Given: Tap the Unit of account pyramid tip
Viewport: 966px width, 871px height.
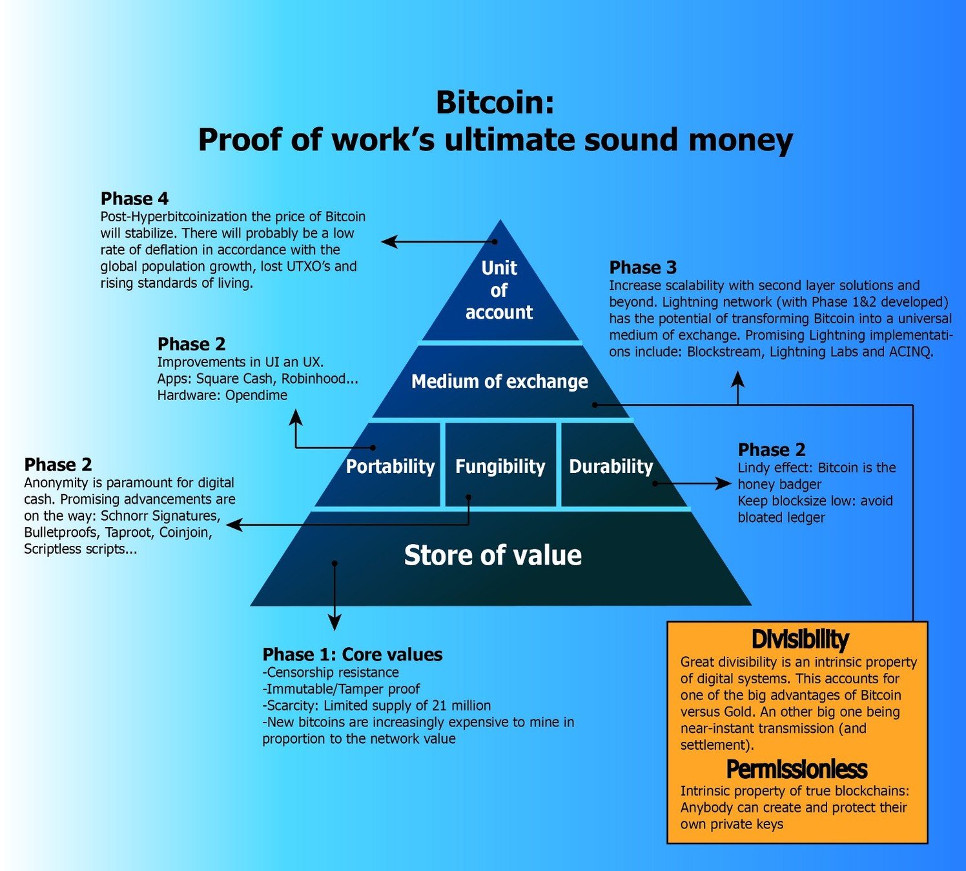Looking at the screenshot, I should tap(499, 290).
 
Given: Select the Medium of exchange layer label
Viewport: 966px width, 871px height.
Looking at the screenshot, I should tap(499, 382).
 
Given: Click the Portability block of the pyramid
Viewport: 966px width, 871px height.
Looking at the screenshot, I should tap(390, 466).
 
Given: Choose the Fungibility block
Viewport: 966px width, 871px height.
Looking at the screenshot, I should tap(500, 466).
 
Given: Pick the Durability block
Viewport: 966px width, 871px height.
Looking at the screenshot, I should tap(611, 466).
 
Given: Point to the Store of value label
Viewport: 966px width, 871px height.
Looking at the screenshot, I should tap(493, 556).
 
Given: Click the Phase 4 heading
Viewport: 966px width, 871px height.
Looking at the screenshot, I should tap(134, 199).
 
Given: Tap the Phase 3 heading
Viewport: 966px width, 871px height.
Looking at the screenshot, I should tap(643, 268).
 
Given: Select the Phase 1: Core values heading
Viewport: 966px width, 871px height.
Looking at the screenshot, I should tap(352, 655).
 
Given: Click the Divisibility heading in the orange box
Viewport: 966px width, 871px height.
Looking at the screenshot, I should tap(800, 639).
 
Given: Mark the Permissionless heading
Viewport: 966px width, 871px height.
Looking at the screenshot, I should tap(797, 769).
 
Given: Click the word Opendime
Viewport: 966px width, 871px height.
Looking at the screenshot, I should tap(256, 395).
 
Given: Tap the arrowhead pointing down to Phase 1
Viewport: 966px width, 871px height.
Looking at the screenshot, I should tap(334, 623).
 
